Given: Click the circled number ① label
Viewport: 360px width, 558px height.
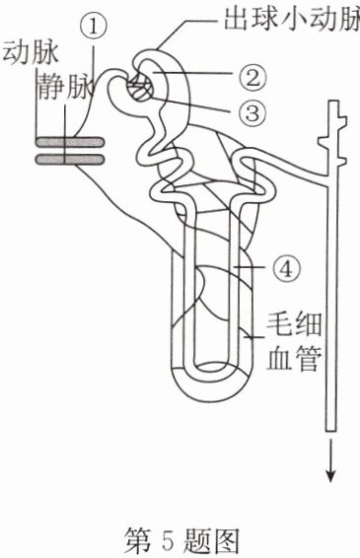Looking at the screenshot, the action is coord(93,28).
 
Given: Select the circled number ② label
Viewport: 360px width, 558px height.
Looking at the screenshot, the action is coord(252,79).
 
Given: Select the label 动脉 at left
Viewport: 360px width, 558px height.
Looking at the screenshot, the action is coord(30,54).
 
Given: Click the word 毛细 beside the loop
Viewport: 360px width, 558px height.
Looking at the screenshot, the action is coord(294,323).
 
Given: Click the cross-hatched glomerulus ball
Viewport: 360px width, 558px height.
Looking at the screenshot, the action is coord(141,90).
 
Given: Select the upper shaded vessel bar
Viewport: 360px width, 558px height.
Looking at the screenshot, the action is coord(69,142).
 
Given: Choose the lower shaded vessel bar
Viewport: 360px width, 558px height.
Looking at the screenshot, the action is coord(69,159).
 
